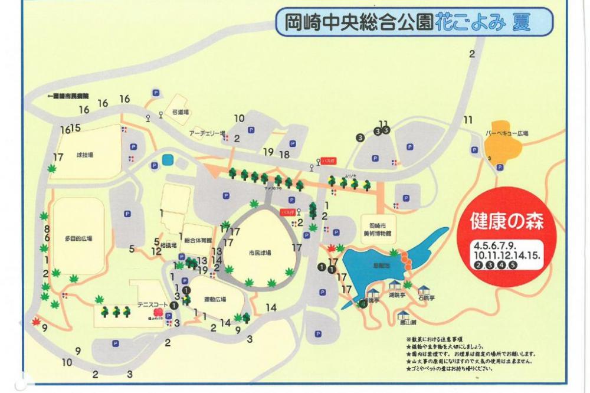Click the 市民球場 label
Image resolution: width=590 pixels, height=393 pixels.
point(260,253)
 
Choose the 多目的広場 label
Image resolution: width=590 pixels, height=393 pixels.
point(78,239)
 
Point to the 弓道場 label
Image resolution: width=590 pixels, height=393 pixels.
point(180,112)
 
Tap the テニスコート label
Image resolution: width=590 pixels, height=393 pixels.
point(150,304)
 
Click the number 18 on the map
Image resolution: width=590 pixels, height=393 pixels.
point(284,155)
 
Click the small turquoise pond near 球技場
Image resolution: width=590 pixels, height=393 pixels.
point(167,160)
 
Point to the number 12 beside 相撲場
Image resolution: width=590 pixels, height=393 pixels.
point(156,251)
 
